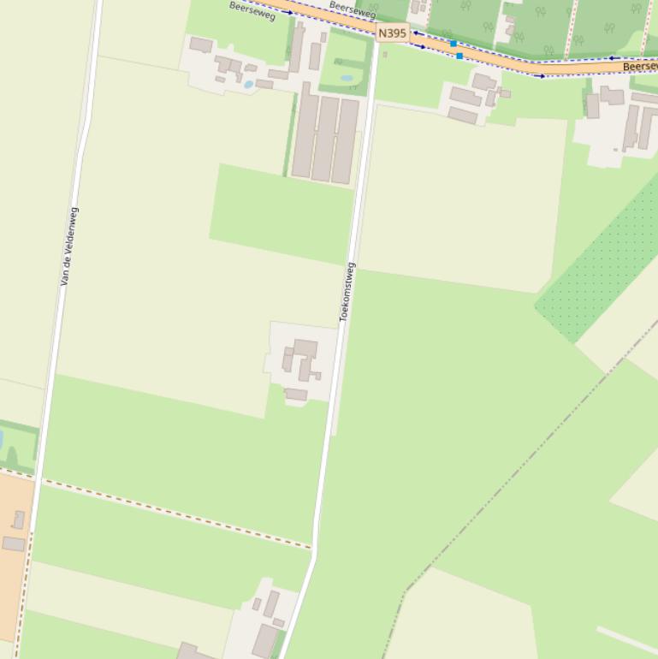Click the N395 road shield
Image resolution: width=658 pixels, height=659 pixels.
392,33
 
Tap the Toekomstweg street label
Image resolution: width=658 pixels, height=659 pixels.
347,292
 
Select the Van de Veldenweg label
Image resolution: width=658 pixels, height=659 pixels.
69,246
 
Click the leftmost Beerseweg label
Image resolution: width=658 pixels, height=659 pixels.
252,11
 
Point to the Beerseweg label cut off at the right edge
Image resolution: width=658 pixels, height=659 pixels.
639,66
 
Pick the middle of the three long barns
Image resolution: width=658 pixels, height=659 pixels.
326,140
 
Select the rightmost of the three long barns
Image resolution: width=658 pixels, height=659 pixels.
346,141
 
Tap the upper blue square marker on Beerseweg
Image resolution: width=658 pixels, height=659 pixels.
453,43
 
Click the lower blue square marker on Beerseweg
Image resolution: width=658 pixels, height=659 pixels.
459,56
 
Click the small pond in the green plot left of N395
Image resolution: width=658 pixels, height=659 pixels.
346,78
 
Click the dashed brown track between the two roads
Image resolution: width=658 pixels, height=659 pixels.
171,512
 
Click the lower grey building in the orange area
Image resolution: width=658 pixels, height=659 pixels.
14,543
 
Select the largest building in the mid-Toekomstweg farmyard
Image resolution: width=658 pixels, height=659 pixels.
305,349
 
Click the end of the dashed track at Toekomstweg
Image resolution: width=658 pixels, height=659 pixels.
312,547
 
